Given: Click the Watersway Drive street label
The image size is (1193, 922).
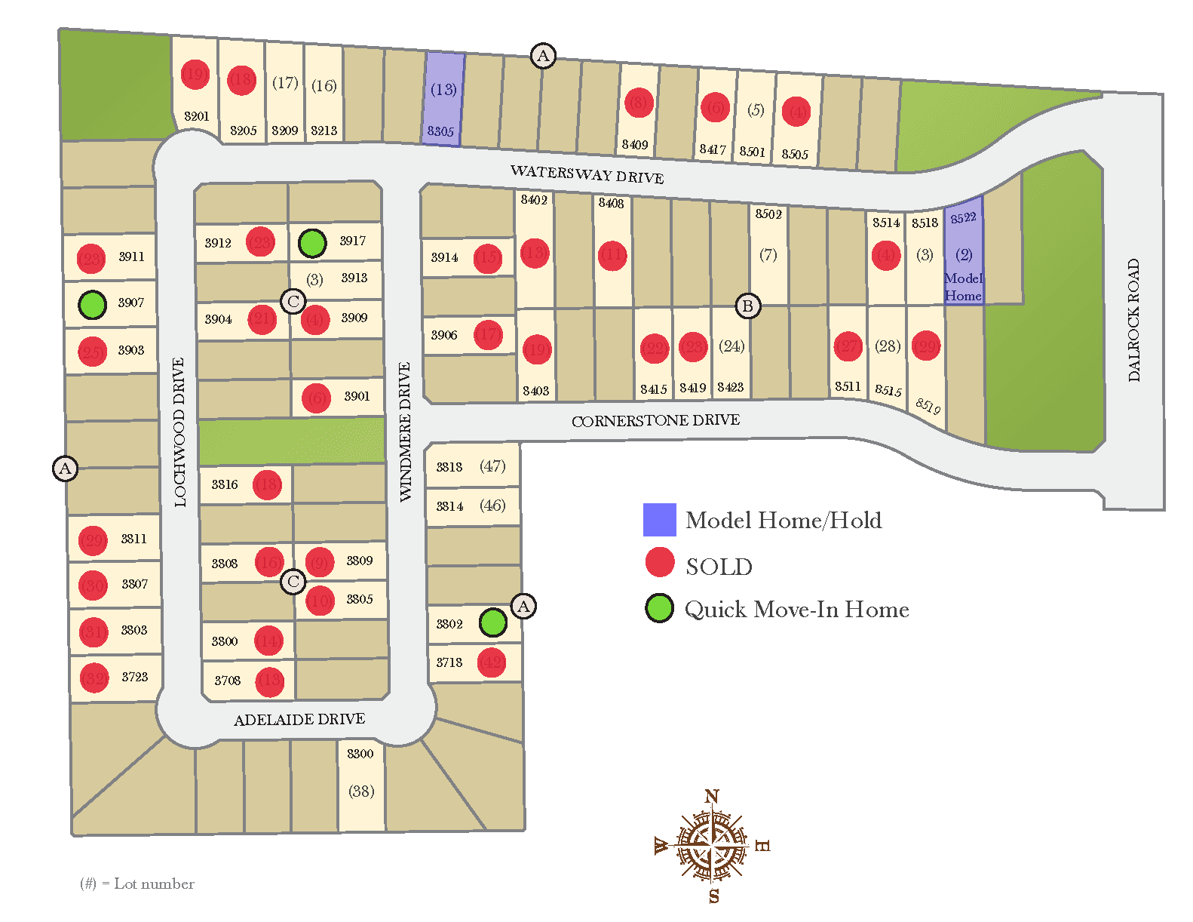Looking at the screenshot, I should (587, 174).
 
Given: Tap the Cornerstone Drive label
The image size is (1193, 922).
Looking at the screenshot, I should (655, 420).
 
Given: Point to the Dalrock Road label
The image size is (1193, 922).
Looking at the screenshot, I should (1133, 320).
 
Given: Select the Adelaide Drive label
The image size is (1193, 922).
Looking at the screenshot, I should (299, 720).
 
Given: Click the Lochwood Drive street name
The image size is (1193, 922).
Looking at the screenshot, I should (179, 432).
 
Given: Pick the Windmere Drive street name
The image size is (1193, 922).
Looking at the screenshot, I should (405, 432).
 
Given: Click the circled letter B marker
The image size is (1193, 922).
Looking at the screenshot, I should (747, 306).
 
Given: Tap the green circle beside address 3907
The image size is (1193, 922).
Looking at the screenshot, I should (92, 305).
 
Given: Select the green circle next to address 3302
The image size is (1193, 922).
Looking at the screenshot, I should (493, 622).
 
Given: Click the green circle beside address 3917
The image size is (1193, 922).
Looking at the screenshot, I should (312, 243).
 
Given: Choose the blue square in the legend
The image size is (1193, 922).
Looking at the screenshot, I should (659, 520).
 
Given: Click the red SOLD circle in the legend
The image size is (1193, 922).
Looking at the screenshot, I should (660, 563).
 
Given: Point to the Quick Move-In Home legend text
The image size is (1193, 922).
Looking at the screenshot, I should (796, 610).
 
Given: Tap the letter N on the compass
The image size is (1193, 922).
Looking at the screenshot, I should (712, 797).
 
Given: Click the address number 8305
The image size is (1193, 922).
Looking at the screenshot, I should (440, 131).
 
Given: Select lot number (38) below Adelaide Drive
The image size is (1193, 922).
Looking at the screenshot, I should (361, 791).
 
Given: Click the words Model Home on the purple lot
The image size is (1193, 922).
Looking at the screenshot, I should (963, 287).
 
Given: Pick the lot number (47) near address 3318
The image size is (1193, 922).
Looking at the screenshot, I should (492, 466).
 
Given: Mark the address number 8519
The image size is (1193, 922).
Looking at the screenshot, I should (928, 405).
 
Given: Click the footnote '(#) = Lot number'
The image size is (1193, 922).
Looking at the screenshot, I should (137, 884).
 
